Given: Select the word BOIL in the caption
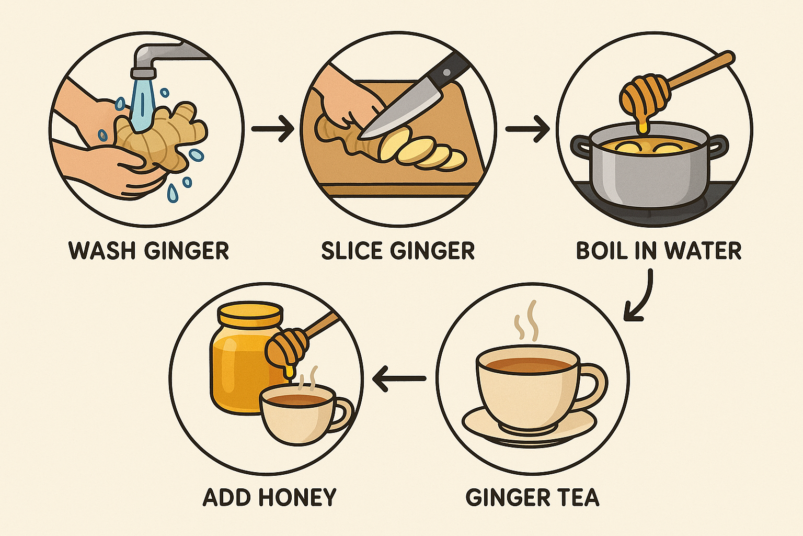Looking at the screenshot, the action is (601, 251).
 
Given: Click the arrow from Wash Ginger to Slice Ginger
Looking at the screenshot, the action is (273, 129).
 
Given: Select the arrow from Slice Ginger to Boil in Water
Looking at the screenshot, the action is (527, 129).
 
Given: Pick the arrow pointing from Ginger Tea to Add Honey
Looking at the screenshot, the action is (399, 378).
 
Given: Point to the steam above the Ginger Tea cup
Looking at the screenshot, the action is (526, 321).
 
